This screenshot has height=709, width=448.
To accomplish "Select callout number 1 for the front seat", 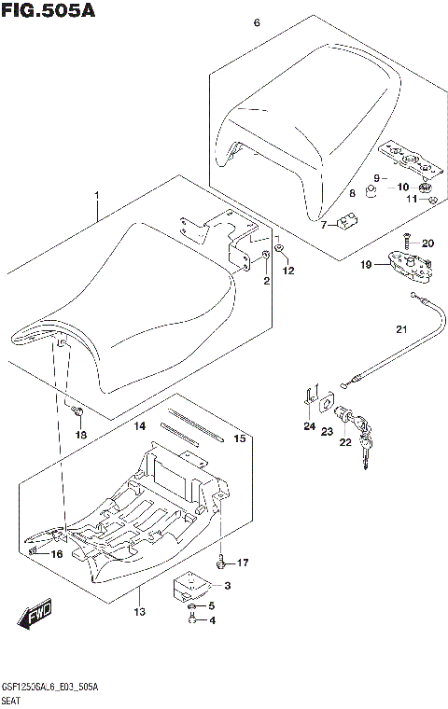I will [95, 196].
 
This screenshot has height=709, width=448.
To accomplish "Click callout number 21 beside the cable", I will [401, 328].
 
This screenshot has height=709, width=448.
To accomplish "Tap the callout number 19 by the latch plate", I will [368, 265].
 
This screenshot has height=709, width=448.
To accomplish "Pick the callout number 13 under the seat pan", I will [140, 612].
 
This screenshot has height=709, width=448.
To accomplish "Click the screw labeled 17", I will [220, 563].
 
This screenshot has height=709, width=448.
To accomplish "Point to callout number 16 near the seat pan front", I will [56, 554].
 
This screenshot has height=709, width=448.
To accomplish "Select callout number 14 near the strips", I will [140, 426].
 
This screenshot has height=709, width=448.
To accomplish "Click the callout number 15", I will [239, 438].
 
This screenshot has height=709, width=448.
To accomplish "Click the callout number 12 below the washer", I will [288, 271].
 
